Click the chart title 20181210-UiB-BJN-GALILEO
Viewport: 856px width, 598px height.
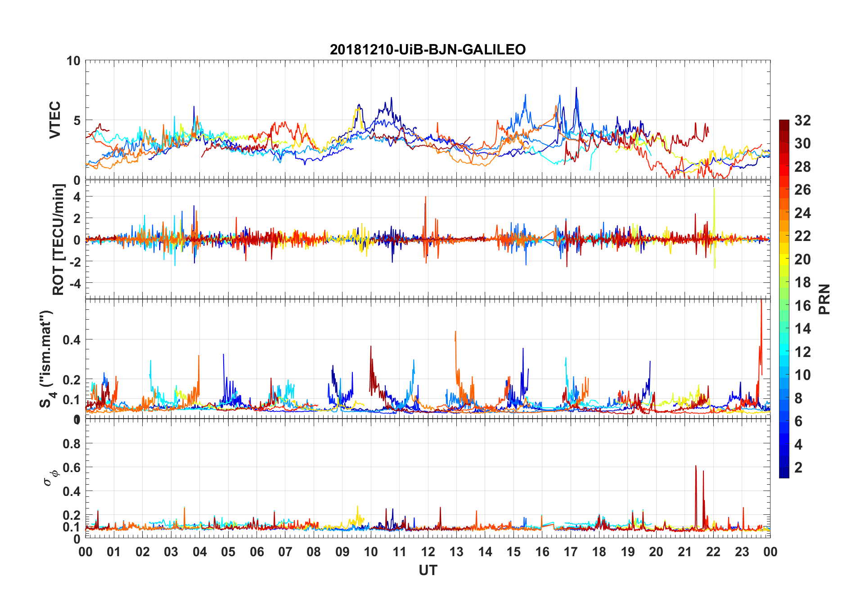pyautogui.click(x=428, y=49)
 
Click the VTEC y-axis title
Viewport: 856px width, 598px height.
pyautogui.click(x=55, y=120)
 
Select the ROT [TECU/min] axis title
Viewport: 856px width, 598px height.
pyautogui.click(x=59, y=239)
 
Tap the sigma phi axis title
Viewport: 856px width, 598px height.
pyautogui.click(x=51, y=477)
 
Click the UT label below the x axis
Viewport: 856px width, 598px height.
pyautogui.click(x=428, y=571)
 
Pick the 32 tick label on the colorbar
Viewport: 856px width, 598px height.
pyautogui.click(x=803, y=120)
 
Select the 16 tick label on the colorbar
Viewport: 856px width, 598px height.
pyautogui.click(x=803, y=306)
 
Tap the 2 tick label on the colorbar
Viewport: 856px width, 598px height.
pyautogui.click(x=798, y=468)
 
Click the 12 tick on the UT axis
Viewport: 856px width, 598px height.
pyautogui.click(x=428, y=552)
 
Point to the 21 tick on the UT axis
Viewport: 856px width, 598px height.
pyautogui.click(x=685, y=552)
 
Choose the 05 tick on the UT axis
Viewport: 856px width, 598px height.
pyautogui.click(x=228, y=552)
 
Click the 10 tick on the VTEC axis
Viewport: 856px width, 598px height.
pyautogui.click(x=73, y=61)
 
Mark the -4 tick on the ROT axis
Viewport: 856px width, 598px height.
pyautogui.click(x=74, y=283)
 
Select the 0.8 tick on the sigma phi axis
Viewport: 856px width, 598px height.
pyautogui.click(x=72, y=444)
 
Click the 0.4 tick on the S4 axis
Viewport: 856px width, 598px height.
pyautogui.click(x=72, y=340)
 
